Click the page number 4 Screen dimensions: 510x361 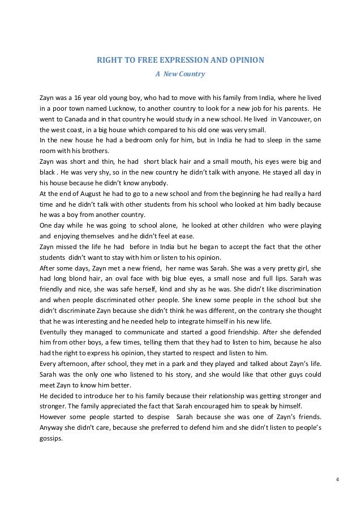click(337, 481)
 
